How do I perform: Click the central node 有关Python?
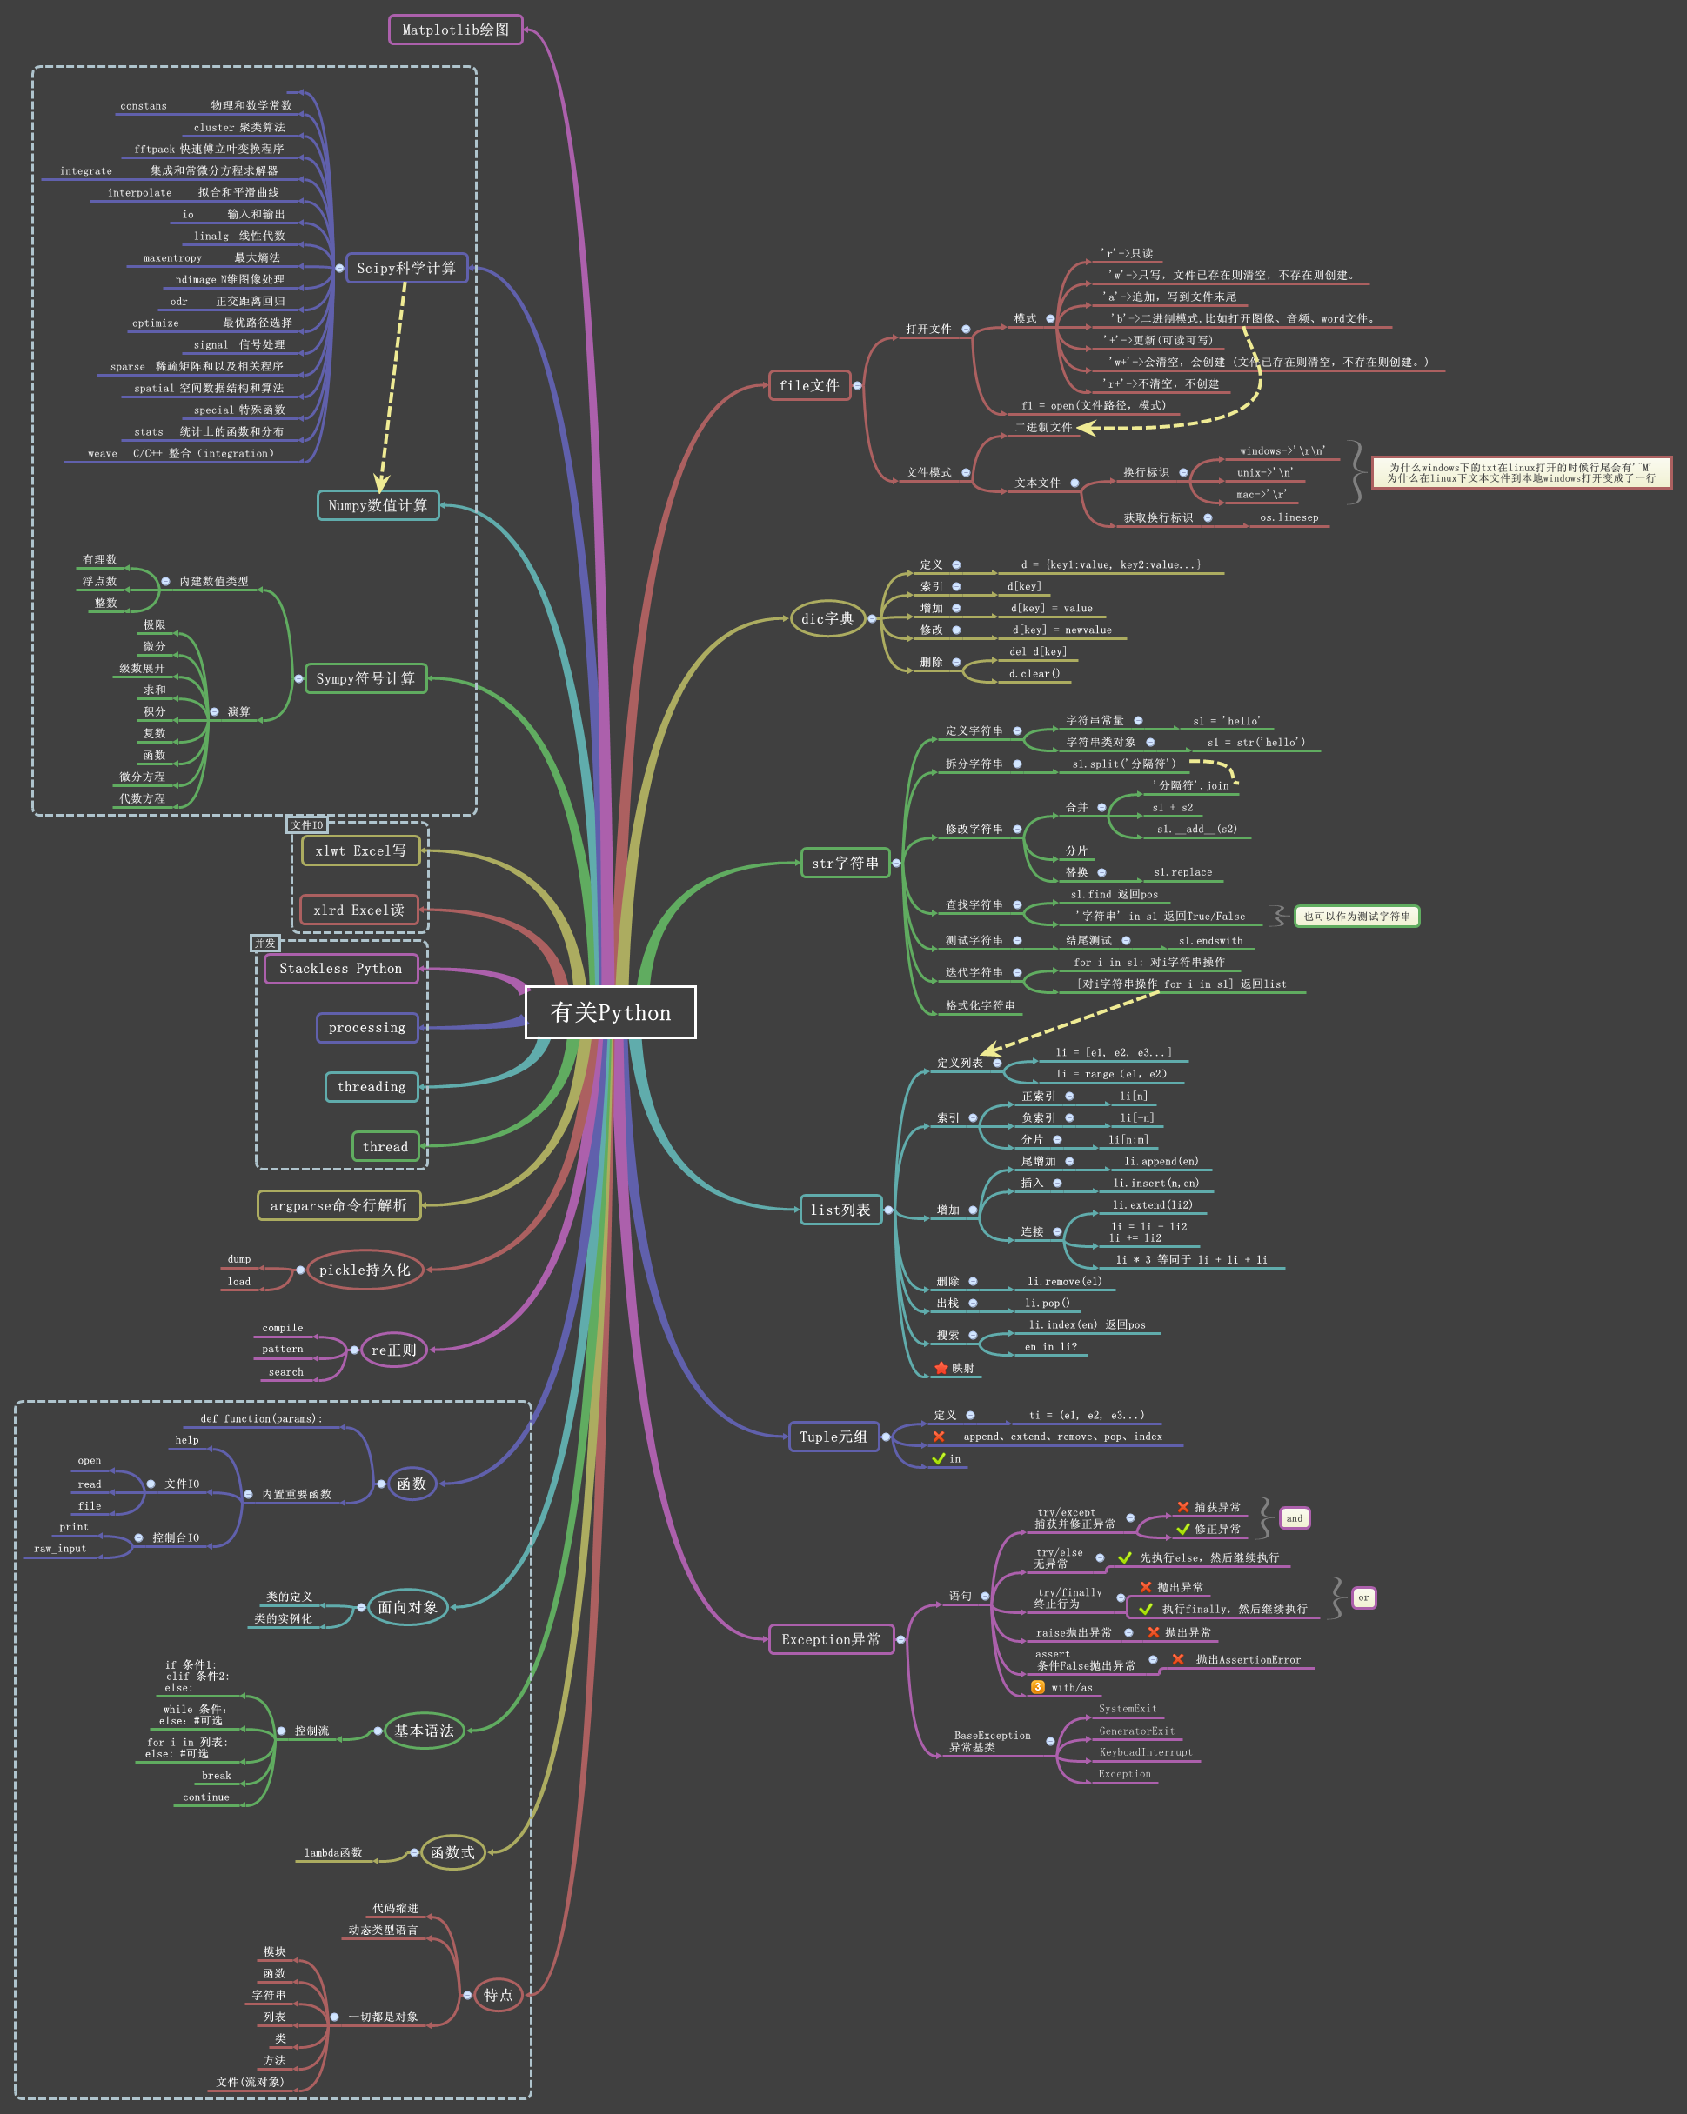point(610,1012)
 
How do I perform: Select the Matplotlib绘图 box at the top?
point(455,30)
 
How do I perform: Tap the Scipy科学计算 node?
point(406,268)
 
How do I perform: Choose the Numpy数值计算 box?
point(378,505)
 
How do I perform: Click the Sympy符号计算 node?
point(365,678)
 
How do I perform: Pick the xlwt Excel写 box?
point(360,851)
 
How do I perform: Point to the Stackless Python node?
point(340,969)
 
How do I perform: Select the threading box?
point(371,1086)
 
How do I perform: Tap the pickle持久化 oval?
point(364,1270)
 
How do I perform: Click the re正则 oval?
point(393,1350)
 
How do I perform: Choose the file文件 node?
point(809,385)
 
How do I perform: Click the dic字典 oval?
point(827,618)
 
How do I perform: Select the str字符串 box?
point(845,863)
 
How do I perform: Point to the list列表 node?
point(840,1210)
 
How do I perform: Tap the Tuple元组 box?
point(833,1437)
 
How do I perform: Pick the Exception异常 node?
point(831,1639)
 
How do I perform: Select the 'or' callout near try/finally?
point(1363,1597)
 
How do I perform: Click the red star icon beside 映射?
point(941,1368)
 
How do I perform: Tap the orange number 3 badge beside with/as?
point(1038,1686)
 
